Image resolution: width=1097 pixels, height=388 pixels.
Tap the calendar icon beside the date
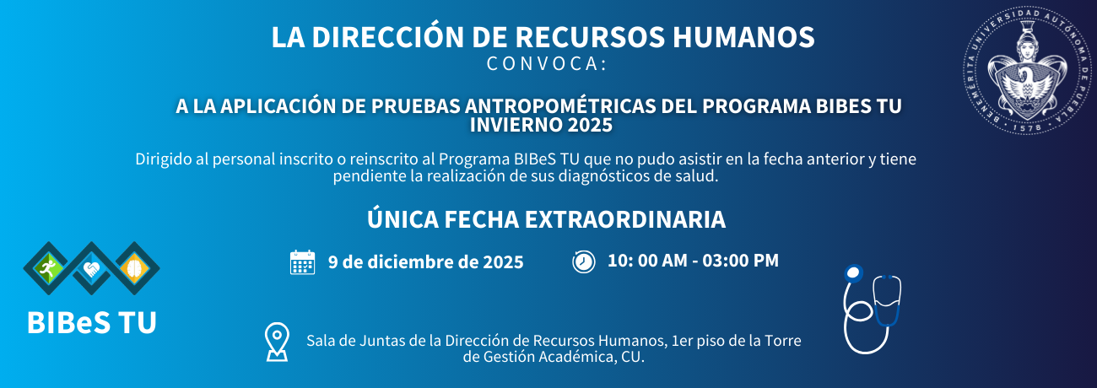[x=302, y=262]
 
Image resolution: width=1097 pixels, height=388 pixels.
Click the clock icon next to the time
[x=583, y=261]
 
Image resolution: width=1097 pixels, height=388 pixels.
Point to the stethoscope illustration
[x=872, y=307]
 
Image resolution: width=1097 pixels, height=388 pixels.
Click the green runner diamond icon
[x=47, y=267]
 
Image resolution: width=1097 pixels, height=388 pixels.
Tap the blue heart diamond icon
[x=91, y=269]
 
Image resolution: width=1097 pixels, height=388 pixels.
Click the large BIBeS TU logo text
[x=91, y=322]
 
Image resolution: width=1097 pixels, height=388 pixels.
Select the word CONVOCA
[x=547, y=63]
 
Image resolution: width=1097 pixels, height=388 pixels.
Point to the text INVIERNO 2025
[x=541, y=125]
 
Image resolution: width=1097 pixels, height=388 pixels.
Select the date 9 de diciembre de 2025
[x=425, y=261]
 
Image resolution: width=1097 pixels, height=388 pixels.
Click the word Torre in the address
[x=781, y=341]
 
